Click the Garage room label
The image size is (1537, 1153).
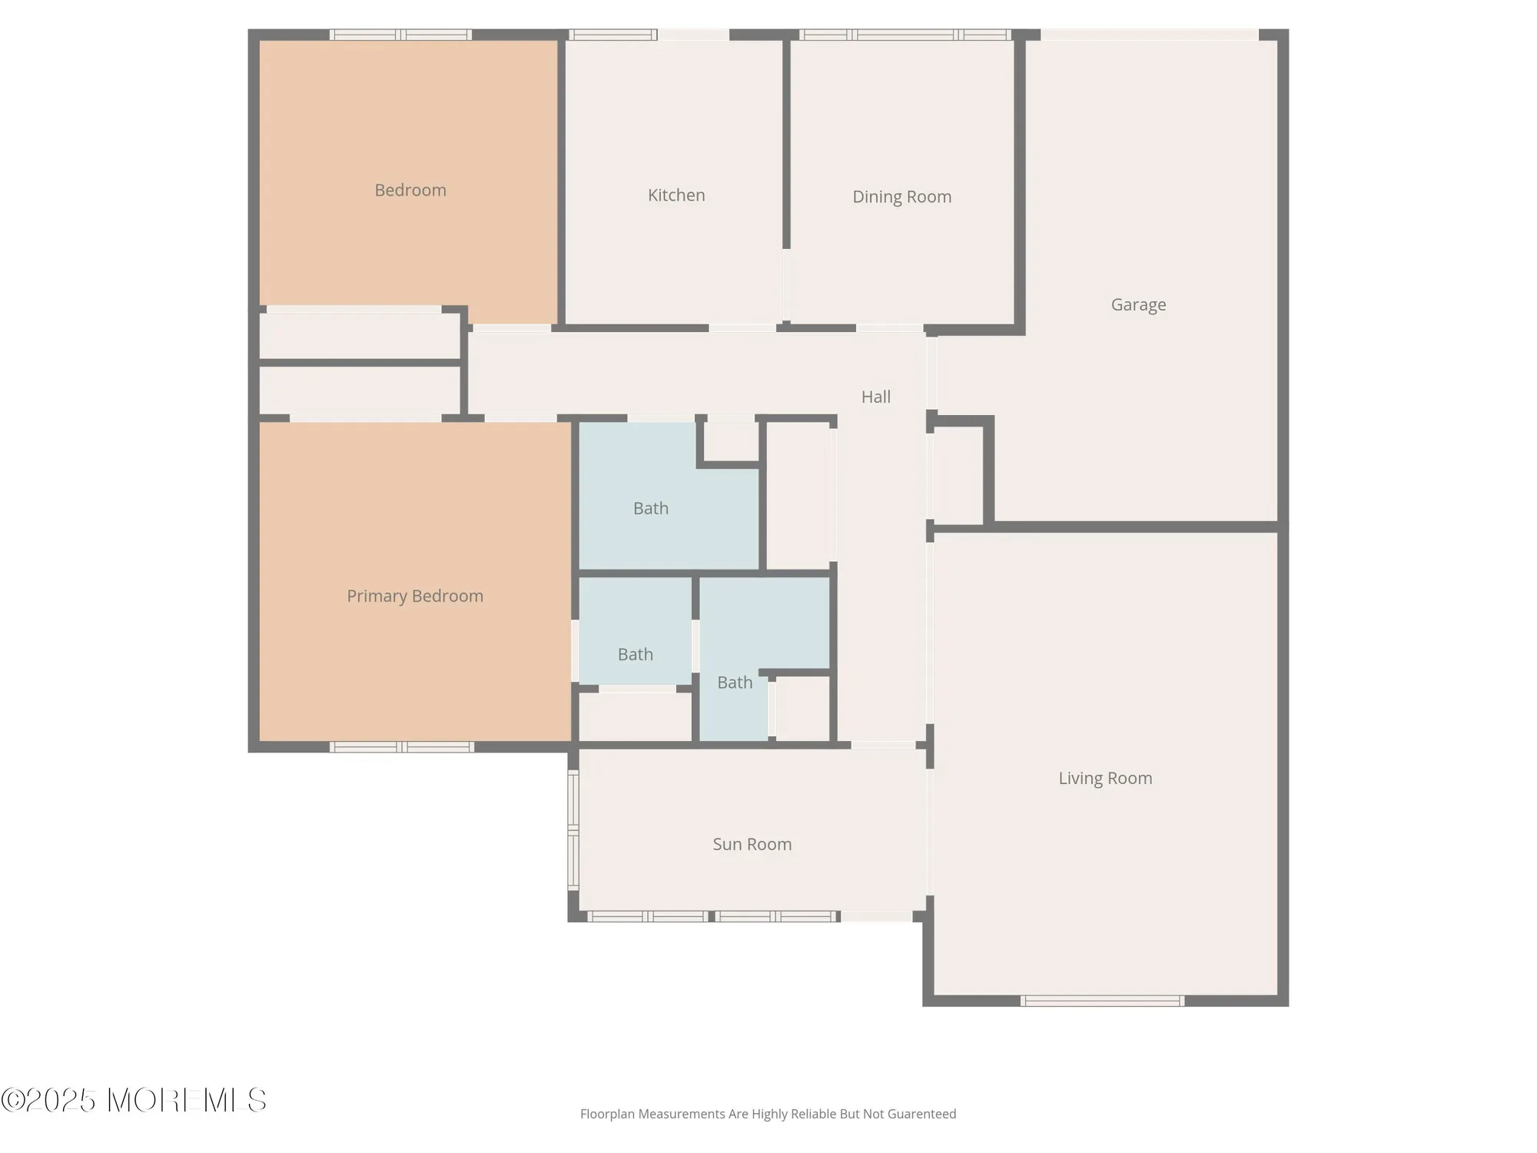click(x=1138, y=305)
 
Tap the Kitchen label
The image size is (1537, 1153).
click(x=676, y=195)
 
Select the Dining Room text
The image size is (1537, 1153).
click(x=901, y=197)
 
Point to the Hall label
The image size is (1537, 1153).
click(x=875, y=397)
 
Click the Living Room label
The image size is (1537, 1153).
click(x=1105, y=778)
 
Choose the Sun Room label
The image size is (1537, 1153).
click(x=752, y=844)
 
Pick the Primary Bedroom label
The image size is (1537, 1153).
click(x=415, y=596)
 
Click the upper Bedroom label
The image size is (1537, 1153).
click(x=410, y=190)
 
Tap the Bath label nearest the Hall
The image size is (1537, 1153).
click(x=735, y=683)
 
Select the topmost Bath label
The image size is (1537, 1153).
click(x=651, y=508)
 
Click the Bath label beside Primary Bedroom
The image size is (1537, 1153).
click(x=636, y=654)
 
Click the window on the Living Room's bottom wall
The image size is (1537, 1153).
click(x=1102, y=1001)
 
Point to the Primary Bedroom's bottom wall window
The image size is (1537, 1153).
click(x=402, y=747)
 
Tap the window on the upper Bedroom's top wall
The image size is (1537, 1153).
click(x=400, y=35)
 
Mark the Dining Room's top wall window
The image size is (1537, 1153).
click(x=905, y=35)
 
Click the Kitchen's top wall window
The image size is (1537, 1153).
click(x=612, y=35)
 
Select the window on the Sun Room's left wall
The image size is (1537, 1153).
click(x=573, y=830)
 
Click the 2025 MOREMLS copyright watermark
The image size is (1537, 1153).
click(x=134, y=1101)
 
